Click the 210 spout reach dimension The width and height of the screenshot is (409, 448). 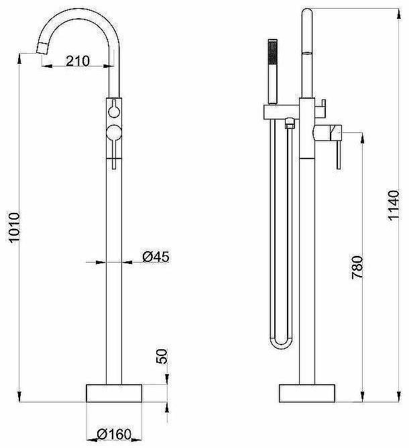[78, 61]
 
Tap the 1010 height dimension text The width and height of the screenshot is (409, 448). [14, 228]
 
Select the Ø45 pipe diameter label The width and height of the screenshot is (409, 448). [156, 257]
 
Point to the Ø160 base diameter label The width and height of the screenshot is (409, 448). [114, 435]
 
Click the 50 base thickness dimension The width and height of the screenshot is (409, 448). [162, 356]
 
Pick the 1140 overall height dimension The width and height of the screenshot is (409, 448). [394, 205]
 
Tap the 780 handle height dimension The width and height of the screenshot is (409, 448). [357, 267]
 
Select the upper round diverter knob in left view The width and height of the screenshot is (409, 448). [114, 111]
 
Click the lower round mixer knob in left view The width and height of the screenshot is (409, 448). [114, 133]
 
